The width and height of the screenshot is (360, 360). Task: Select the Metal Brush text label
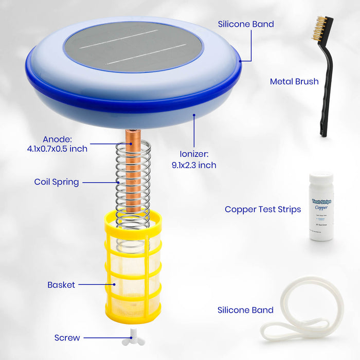tap(294, 81)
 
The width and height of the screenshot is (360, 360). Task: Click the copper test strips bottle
tap(321, 211)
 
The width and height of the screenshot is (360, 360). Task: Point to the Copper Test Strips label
tap(262, 209)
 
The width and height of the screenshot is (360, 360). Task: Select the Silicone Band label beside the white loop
tap(245, 310)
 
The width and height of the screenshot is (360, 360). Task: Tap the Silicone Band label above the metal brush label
tap(246, 24)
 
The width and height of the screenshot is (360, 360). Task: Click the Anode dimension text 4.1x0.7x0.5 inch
tap(58, 149)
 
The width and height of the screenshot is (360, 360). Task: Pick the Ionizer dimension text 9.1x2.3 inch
tap(194, 165)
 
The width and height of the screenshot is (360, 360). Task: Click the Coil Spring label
tap(57, 182)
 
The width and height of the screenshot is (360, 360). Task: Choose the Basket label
tap(61, 284)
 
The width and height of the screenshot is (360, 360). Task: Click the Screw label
tap(67, 338)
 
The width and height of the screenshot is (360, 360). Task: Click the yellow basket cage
tap(133, 273)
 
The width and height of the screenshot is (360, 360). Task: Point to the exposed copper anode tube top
tap(133, 136)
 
